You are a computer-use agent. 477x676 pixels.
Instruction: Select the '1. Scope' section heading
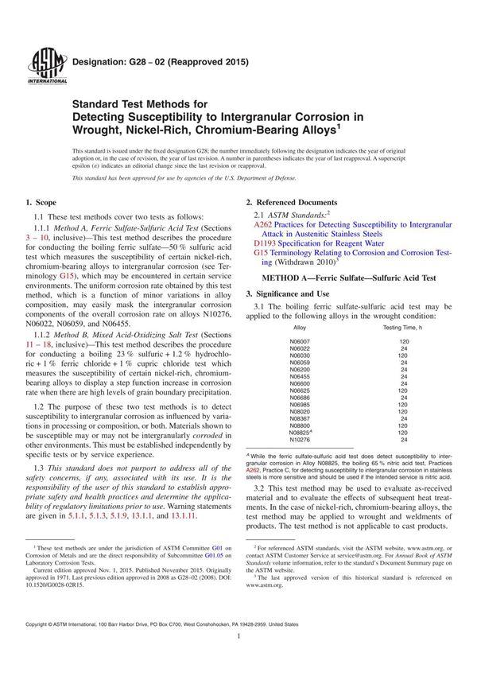click(x=41, y=203)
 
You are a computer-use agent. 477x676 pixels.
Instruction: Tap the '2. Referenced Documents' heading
click(x=292, y=203)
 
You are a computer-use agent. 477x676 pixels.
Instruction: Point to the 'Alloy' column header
click(x=300, y=327)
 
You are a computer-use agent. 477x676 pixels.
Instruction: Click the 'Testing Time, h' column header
click(x=403, y=327)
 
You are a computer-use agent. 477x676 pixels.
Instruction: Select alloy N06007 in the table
click(x=300, y=340)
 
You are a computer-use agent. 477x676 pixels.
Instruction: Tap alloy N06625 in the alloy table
click(x=300, y=391)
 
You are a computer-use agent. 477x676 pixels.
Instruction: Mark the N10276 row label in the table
click(x=300, y=440)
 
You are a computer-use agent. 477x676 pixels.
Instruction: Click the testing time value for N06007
click(x=402, y=340)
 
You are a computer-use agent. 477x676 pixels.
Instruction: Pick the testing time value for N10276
click(x=402, y=440)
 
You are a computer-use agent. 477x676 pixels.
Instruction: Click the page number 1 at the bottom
click(x=238, y=660)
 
